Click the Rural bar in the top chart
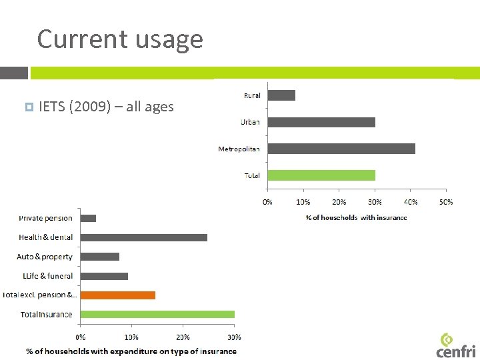(x=281, y=95)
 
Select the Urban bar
(x=321, y=122)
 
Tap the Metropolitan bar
(x=341, y=149)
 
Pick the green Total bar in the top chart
(x=321, y=175)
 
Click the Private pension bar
(x=88, y=218)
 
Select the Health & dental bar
(x=143, y=237)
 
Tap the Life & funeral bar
(x=104, y=276)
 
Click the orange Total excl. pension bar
(x=117, y=295)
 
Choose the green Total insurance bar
(x=157, y=314)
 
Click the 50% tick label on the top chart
(x=445, y=202)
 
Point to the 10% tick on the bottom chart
(x=131, y=337)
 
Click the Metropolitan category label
(x=239, y=149)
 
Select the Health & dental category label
(x=46, y=237)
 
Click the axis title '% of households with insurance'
(x=356, y=217)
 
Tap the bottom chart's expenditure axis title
(x=131, y=351)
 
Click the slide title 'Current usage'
(x=120, y=39)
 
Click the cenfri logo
(x=456, y=345)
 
